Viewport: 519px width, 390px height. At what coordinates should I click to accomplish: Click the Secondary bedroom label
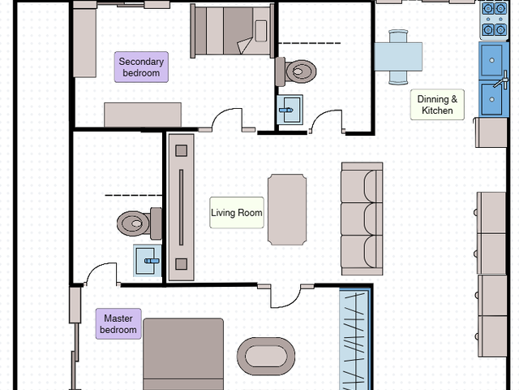141,67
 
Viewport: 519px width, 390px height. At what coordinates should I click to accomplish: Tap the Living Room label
237,213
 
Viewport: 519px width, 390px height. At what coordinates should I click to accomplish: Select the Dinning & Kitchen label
437,105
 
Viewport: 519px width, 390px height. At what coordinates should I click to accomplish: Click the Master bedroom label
118,324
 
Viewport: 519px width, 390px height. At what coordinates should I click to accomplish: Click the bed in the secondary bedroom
233,31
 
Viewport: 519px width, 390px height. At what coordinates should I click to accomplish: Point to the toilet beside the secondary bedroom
296,71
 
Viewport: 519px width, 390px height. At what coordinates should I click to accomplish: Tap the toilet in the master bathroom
139,223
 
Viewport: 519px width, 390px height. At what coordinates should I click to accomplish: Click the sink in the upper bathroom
290,110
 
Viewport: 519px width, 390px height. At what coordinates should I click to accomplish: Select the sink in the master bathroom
148,261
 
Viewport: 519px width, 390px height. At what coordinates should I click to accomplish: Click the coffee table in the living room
287,210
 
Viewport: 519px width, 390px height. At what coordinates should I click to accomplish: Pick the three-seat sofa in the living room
362,219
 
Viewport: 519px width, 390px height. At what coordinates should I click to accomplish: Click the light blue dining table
398,57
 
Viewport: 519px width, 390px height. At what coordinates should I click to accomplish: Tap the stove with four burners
494,20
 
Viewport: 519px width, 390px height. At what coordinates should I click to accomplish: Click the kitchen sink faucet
502,80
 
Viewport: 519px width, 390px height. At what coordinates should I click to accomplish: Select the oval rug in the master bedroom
266,357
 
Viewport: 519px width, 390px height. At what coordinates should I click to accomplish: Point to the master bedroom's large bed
183,354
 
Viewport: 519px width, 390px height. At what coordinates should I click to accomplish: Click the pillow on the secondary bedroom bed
261,31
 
